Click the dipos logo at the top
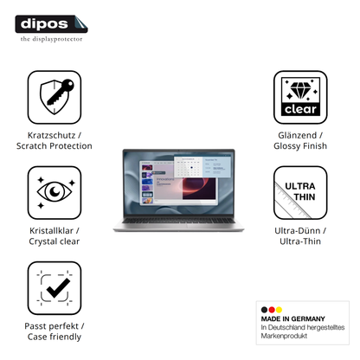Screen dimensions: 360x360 pos(51,24)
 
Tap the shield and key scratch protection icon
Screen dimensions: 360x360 pos(55,97)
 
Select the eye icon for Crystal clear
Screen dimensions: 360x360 pos(55,192)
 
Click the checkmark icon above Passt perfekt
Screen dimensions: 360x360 pos(55,288)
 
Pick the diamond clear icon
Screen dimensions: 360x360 pos(300,97)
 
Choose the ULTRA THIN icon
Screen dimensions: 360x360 pos(300,192)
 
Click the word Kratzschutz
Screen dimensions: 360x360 pos(51,135)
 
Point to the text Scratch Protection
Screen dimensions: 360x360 pos(55,146)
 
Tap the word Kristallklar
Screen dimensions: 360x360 pos(51,231)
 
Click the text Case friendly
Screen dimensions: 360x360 pos(55,337)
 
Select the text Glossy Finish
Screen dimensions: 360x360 pos(300,146)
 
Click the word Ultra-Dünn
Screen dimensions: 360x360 pos(298,231)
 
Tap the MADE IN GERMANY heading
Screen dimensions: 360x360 pos(292,318)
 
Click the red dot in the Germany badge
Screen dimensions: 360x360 pos(272,310)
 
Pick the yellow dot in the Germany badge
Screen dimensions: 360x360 pos(279,310)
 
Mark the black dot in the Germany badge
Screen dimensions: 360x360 pos(264,310)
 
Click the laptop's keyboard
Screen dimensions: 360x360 pos(179,221)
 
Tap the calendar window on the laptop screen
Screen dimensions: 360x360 pos(189,167)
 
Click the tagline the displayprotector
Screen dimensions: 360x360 pos(51,39)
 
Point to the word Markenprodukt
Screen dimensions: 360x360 pos(284,336)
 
